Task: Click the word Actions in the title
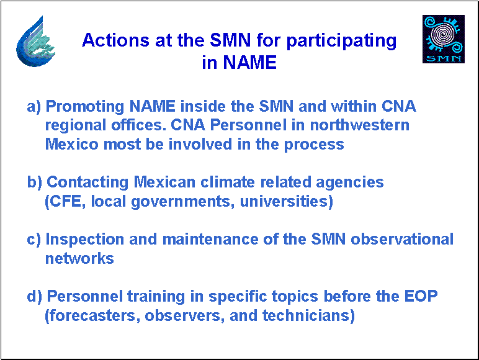(116, 40)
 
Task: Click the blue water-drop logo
(35, 41)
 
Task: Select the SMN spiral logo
(444, 39)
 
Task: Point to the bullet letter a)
(34, 107)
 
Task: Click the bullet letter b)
(35, 182)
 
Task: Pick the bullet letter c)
(34, 240)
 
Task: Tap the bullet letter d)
(35, 297)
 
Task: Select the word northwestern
(359, 125)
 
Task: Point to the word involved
(200, 144)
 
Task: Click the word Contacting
(87, 182)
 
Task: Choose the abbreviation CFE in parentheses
(65, 202)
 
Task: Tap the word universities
(286, 202)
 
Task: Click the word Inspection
(84, 240)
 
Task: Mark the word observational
(402, 240)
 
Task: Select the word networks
(79, 259)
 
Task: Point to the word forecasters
(92, 316)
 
